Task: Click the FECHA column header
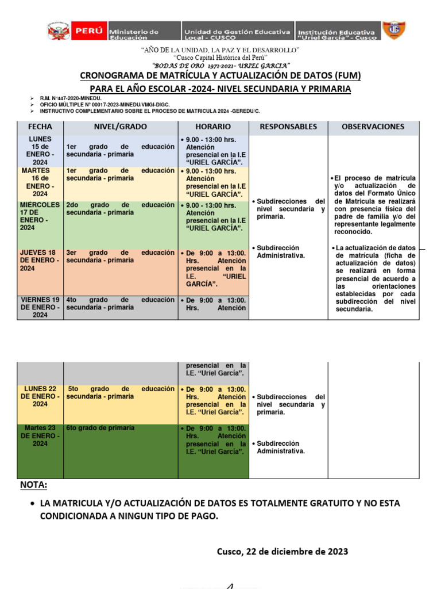pos(40,127)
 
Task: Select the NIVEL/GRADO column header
pos(121,127)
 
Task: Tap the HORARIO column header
pos(213,127)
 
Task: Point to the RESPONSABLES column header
pos(288,127)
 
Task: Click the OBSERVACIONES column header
pos(373,127)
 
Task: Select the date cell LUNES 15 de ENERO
pos(40,151)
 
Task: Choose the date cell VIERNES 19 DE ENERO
pos(40,307)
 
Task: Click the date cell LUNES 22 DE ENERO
pos(40,396)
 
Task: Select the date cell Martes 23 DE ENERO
pos(40,435)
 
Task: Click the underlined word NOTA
pos(34,485)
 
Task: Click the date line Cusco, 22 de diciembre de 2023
pos(282,552)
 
